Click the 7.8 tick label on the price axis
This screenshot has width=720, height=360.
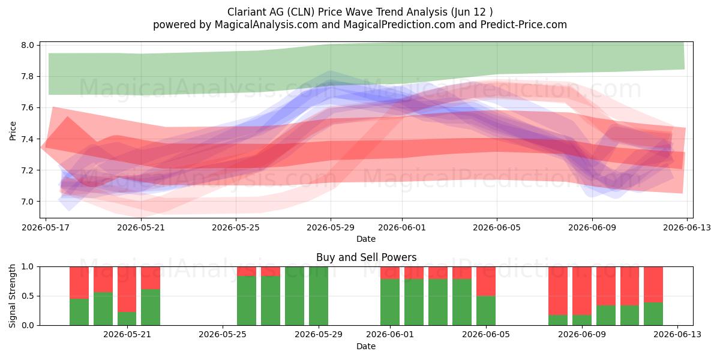coord(28,77)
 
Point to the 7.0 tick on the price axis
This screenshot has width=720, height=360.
coord(28,202)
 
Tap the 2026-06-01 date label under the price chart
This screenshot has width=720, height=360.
coord(402,227)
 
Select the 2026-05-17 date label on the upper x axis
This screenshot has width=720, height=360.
coord(46,227)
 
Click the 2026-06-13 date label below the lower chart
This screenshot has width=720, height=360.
coord(677,334)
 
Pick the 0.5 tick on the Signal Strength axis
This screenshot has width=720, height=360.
coord(28,296)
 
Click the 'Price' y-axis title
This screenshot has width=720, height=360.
coord(13,131)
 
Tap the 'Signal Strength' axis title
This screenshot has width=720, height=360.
coord(13,296)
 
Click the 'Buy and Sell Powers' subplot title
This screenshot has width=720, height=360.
coord(367,257)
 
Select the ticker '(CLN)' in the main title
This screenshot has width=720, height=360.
coord(301,12)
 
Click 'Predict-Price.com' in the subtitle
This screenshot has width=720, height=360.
coord(524,25)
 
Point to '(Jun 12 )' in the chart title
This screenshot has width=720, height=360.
coord(472,12)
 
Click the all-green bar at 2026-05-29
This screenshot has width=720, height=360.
coord(319,296)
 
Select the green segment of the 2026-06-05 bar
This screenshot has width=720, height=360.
coord(486,311)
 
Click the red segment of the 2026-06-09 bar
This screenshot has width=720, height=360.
coord(582,291)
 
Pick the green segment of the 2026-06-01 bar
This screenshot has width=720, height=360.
coord(390,302)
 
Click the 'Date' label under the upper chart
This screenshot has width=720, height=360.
coord(366,239)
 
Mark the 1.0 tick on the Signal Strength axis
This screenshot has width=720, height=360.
coord(28,266)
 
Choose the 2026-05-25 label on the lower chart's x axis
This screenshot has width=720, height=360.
coord(223,334)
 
